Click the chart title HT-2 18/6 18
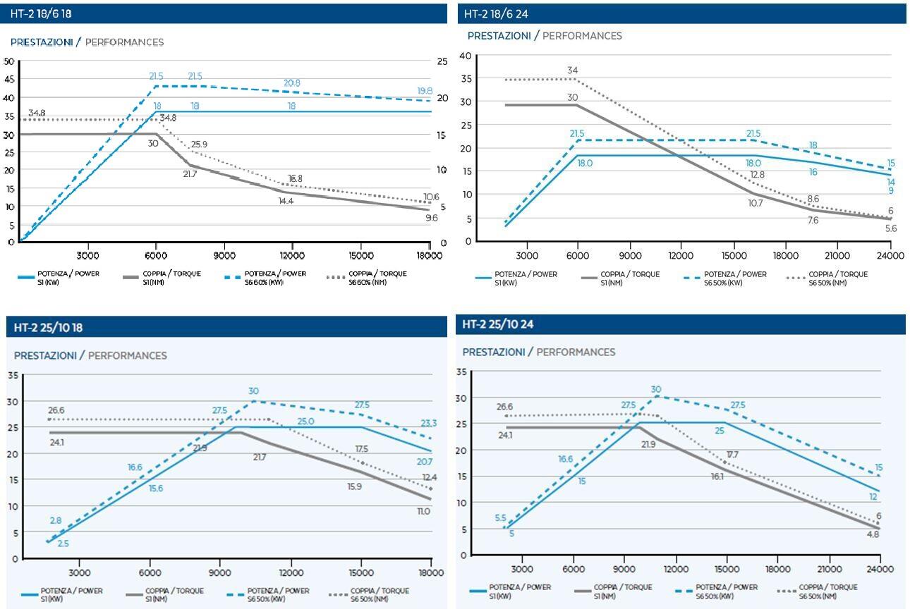[41, 14]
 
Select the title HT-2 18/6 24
[497, 13]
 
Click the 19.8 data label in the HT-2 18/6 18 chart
[425, 91]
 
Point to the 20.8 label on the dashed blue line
[291, 82]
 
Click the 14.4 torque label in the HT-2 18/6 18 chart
[286, 201]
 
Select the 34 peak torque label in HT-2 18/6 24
[573, 70]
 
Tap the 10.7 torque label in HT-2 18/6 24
[756, 203]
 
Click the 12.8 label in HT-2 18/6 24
[757, 175]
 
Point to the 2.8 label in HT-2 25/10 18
[55, 520]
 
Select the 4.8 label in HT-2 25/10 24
[872, 534]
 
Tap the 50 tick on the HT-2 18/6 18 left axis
[8, 61]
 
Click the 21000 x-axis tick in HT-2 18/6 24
[838, 255]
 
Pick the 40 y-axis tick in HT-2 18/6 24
[466, 56]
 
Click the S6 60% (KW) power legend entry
[276, 278]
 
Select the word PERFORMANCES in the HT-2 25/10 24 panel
[576, 352]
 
